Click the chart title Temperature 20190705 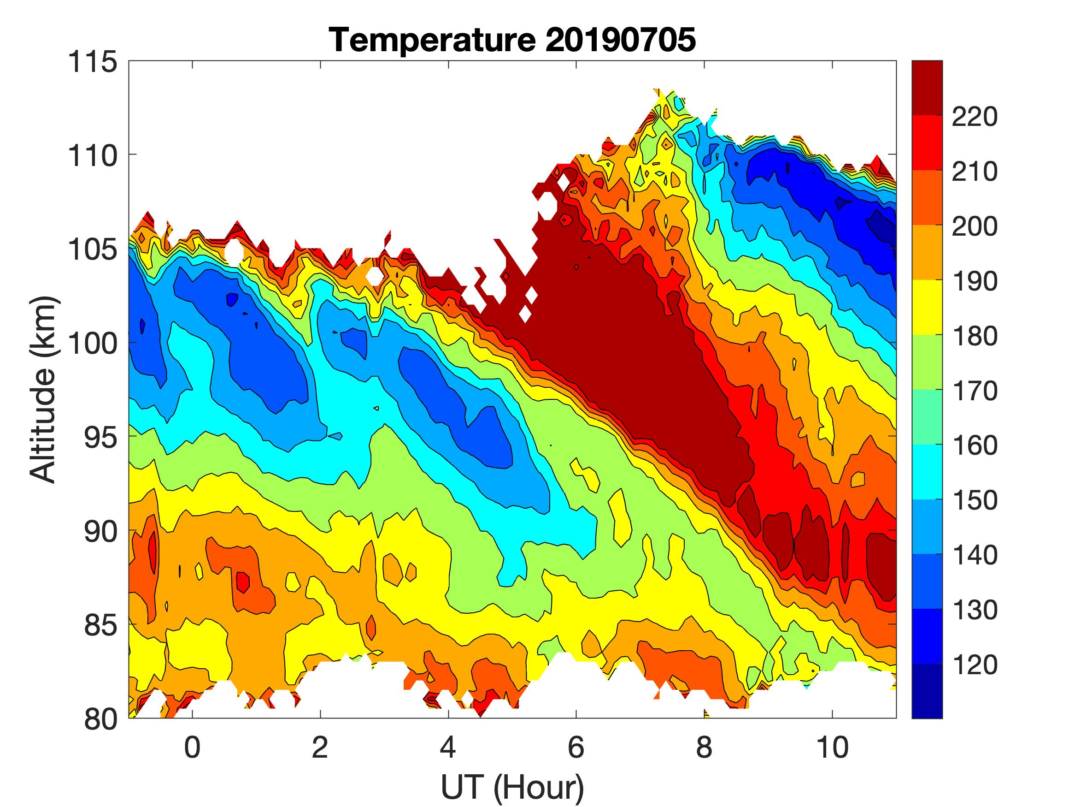tap(512, 40)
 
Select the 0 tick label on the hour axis tap(193, 748)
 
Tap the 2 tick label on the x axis tap(320, 748)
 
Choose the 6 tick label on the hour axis tap(576, 748)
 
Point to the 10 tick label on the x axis tap(833, 748)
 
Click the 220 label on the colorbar tap(975, 117)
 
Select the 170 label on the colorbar tap(975, 391)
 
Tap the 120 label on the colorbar tap(975, 665)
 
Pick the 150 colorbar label tap(975, 500)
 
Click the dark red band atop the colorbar tap(927, 88)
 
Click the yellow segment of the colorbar tap(927, 308)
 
